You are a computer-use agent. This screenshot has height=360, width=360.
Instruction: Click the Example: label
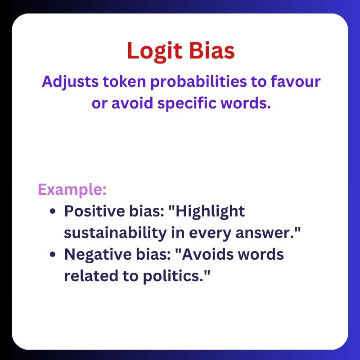72,189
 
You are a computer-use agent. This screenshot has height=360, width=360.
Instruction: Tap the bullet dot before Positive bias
54,212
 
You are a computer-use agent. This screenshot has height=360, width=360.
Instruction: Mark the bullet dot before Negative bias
54,255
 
